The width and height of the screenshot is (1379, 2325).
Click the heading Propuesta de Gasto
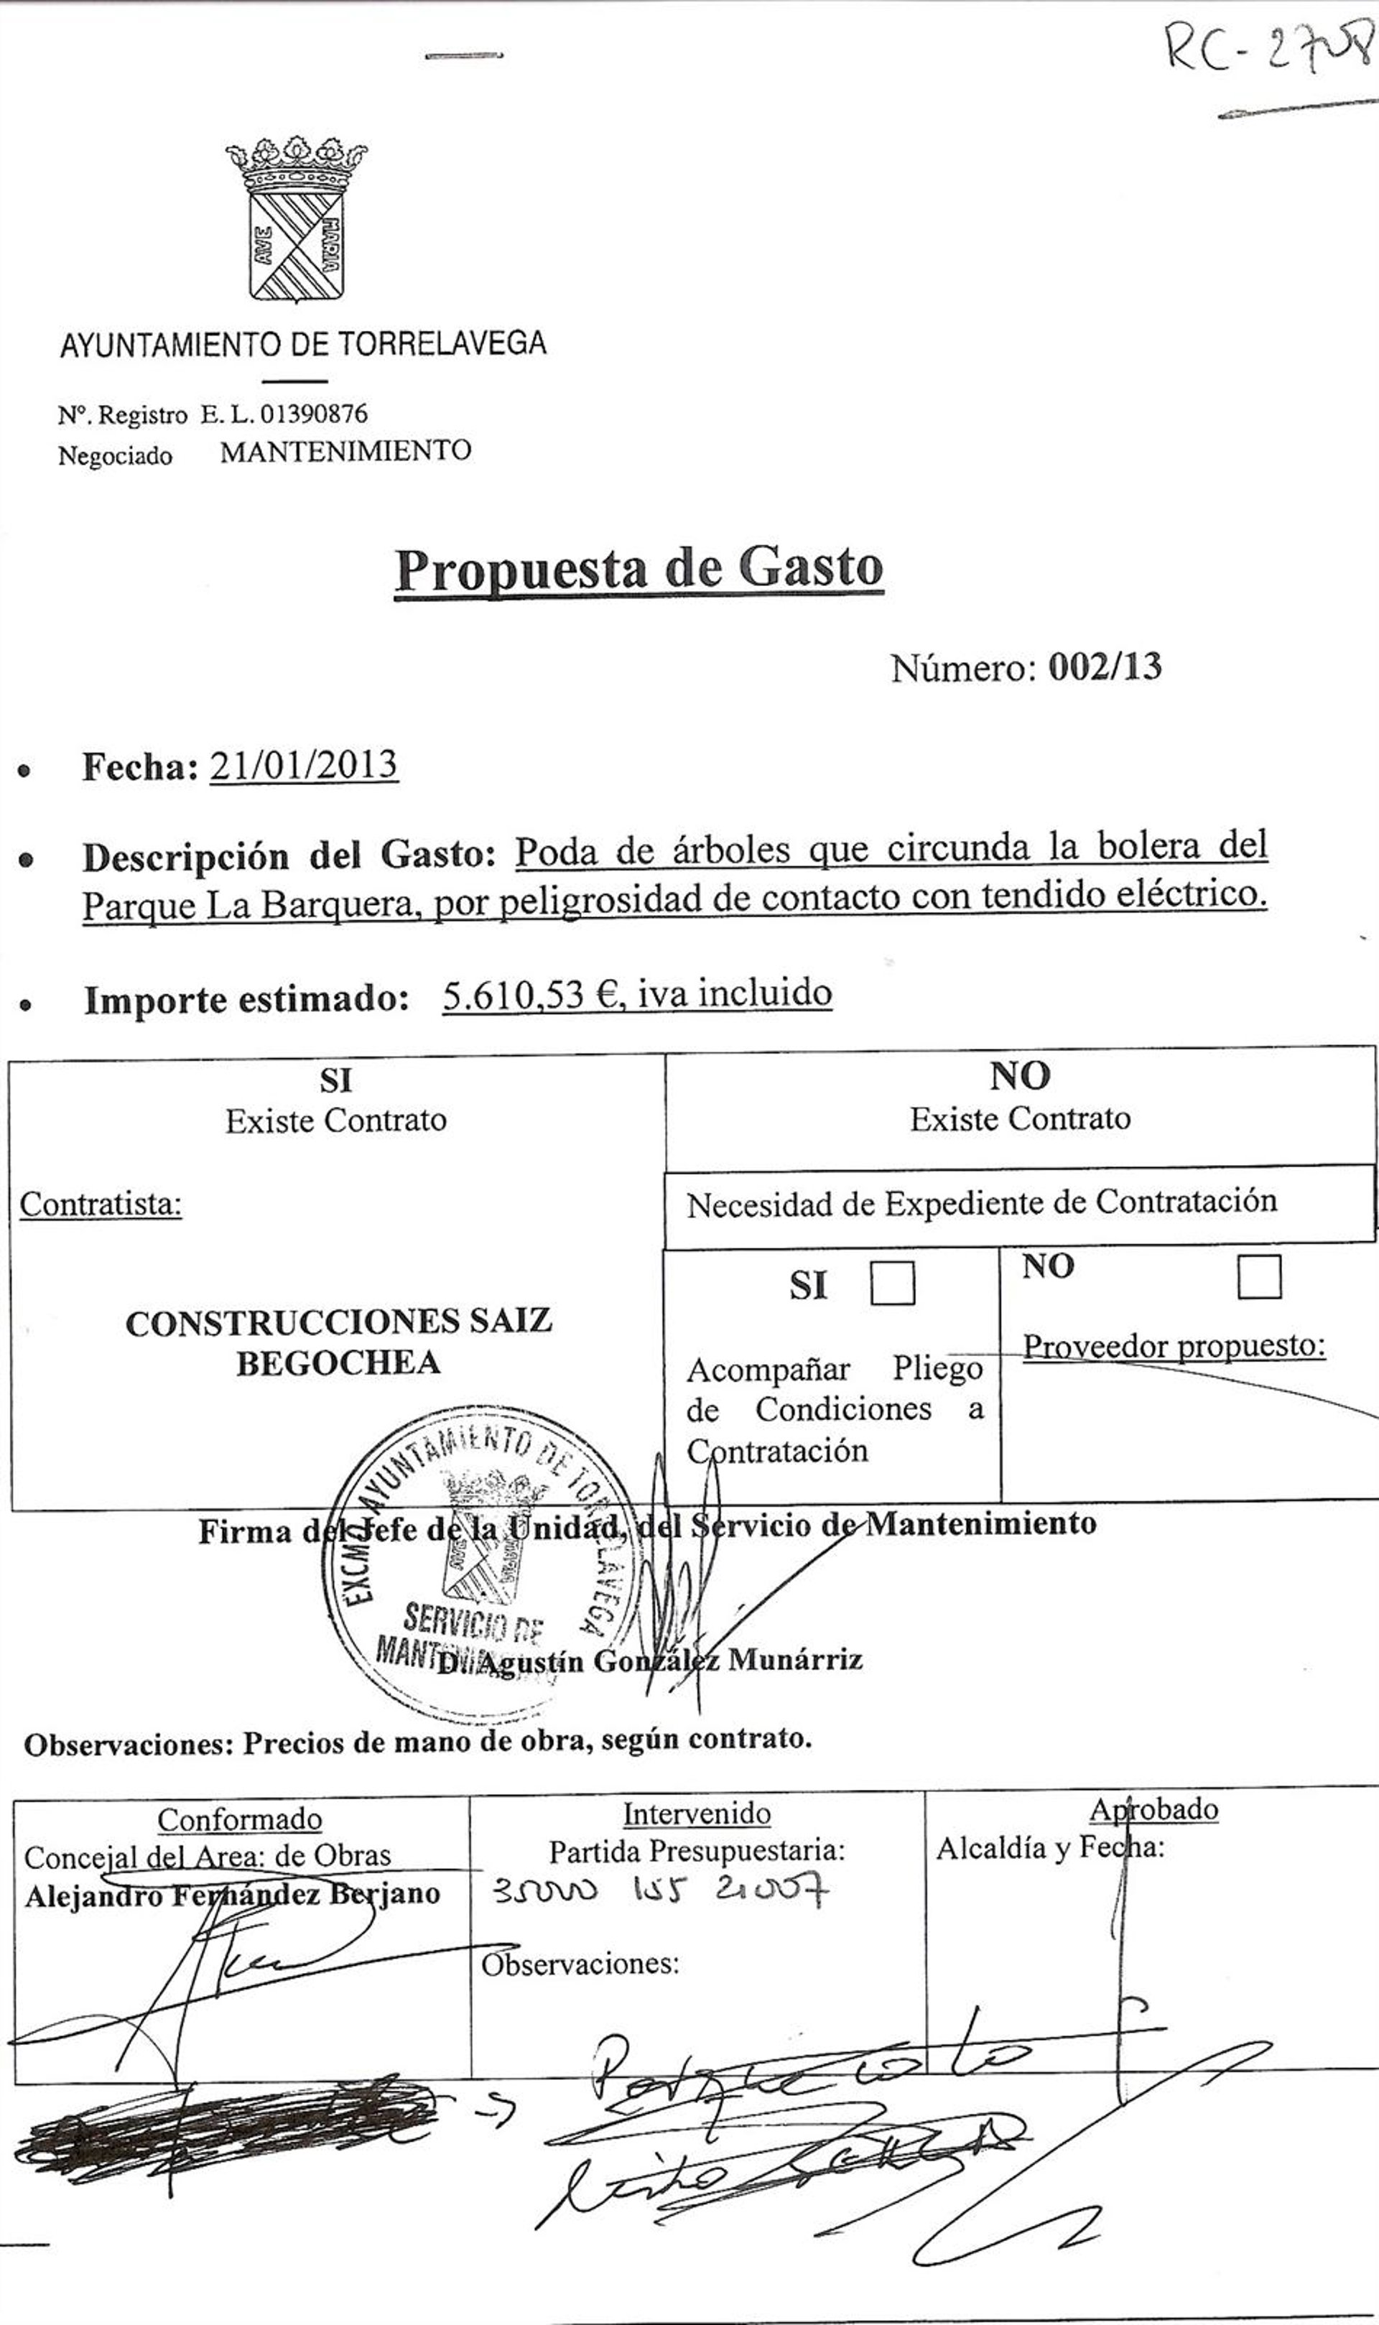(639, 569)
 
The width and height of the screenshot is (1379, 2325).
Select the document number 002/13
(1105, 667)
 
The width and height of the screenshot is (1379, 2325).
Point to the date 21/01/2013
(304, 766)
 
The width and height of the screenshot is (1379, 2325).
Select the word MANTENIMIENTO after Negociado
(345, 452)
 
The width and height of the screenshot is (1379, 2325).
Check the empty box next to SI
(892, 1284)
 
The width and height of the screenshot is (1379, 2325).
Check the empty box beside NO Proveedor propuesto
(1259, 1277)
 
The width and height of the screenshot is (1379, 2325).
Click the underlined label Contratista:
(101, 1205)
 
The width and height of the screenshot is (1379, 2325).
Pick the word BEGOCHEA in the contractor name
(338, 1363)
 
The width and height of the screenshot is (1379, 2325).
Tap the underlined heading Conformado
(240, 1819)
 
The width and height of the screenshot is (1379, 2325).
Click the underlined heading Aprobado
(1153, 1809)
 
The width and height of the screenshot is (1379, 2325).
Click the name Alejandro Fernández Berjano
(232, 1895)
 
